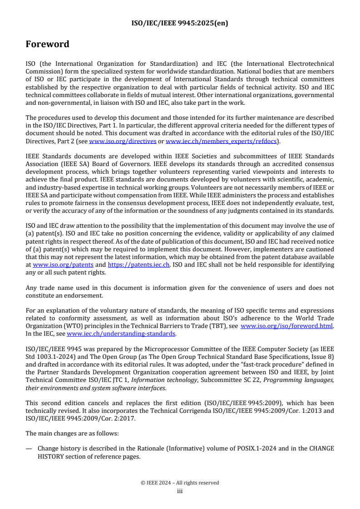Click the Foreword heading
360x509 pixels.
coord(47,44)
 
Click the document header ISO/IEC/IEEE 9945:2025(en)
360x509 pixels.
coord(180,23)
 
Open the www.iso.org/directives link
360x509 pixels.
coord(115,141)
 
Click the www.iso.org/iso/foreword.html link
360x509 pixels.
coord(287,326)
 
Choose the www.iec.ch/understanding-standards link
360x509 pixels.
coord(121,333)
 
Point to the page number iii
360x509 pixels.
coord(180,490)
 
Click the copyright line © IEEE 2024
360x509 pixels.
coord(180,483)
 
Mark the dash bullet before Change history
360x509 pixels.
coord(29,448)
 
